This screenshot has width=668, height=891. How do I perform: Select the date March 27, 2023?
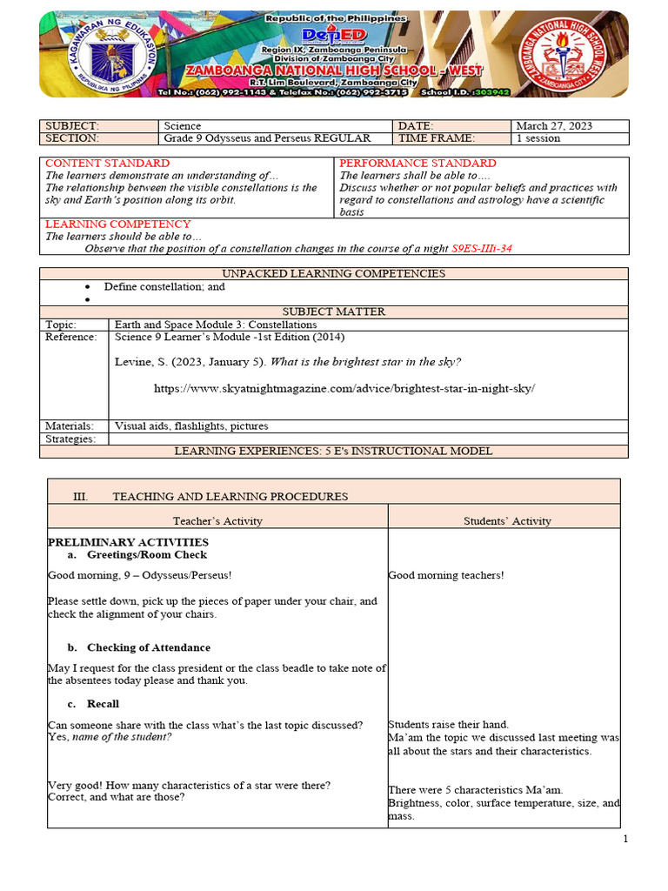[x=554, y=126]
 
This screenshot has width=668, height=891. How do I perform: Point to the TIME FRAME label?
[x=437, y=138]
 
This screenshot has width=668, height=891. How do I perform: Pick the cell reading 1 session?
[x=538, y=138]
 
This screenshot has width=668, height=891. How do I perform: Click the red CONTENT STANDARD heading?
[x=108, y=164]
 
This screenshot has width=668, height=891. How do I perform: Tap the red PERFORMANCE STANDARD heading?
[x=417, y=164]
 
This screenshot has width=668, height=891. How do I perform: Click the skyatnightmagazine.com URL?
[x=344, y=388]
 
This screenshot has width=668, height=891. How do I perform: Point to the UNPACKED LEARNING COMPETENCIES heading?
[x=334, y=274]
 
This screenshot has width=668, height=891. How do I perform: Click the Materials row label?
[x=70, y=426]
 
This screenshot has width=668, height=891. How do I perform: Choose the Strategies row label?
[x=70, y=439]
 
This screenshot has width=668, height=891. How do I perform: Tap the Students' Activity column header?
[x=507, y=521]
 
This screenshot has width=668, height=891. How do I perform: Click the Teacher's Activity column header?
[x=217, y=521]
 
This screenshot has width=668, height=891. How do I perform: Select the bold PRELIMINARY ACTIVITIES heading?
[x=128, y=542]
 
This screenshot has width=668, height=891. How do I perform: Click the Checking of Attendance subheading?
[x=148, y=648]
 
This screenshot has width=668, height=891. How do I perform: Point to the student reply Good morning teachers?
[x=446, y=575]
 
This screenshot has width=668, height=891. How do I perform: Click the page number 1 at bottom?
[x=625, y=839]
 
